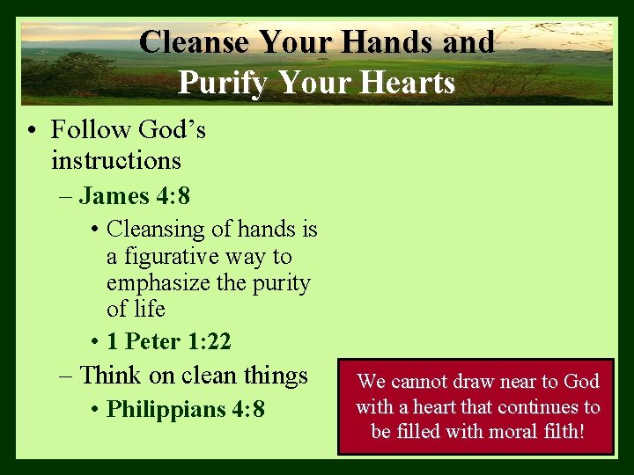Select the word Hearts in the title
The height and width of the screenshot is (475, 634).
click(x=406, y=83)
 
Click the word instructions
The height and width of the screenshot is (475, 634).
click(x=116, y=161)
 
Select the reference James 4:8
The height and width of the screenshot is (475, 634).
click(x=134, y=194)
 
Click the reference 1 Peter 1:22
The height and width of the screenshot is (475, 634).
click(x=168, y=340)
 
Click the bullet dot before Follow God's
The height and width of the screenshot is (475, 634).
click(x=31, y=131)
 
